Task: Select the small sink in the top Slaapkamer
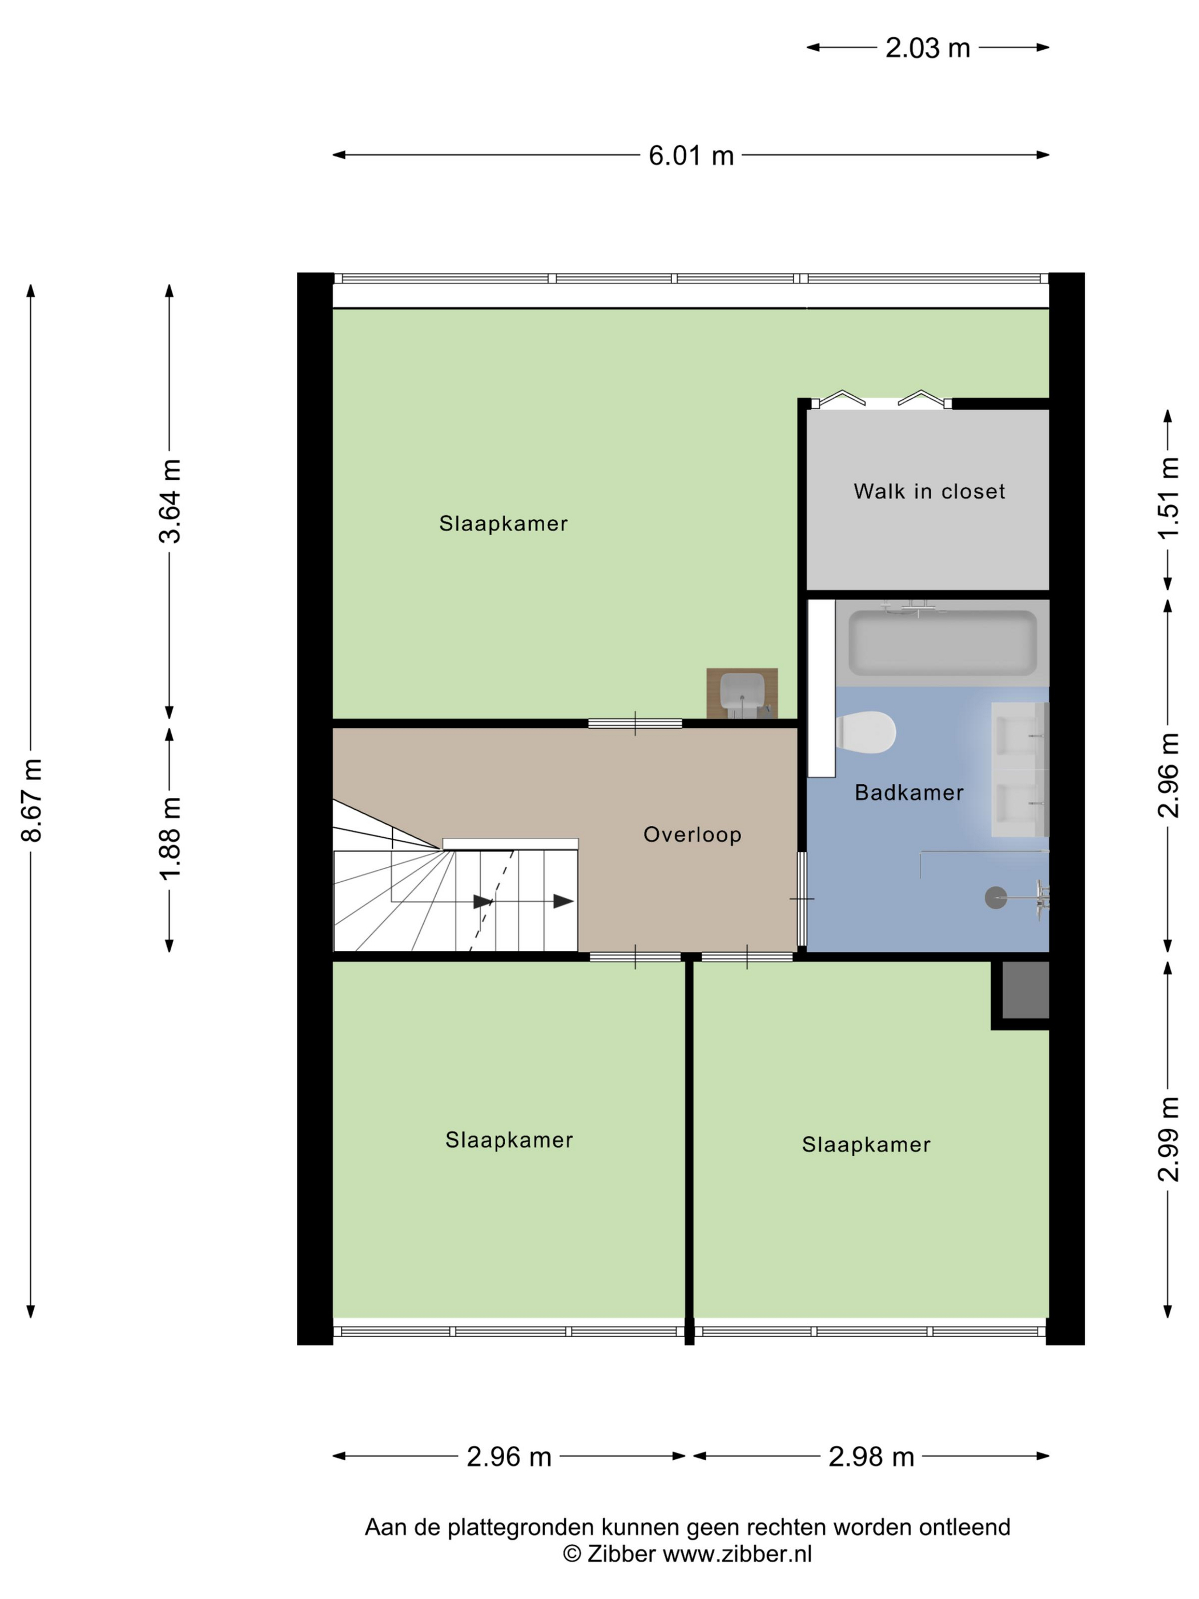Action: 742,693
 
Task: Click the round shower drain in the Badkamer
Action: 996,898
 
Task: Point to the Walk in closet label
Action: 930,492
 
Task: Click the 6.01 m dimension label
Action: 691,155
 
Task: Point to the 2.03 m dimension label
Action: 928,49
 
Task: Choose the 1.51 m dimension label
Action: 1169,498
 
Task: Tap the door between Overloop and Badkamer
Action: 802,899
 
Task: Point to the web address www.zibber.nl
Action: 737,1554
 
